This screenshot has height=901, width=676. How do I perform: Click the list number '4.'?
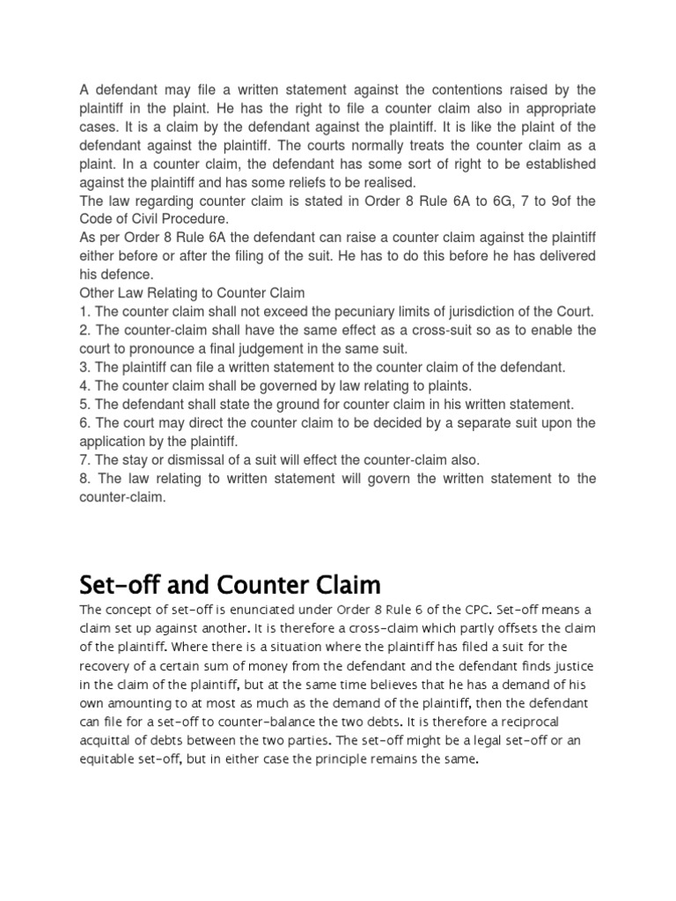point(85,385)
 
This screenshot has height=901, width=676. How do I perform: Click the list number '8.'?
point(85,479)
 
